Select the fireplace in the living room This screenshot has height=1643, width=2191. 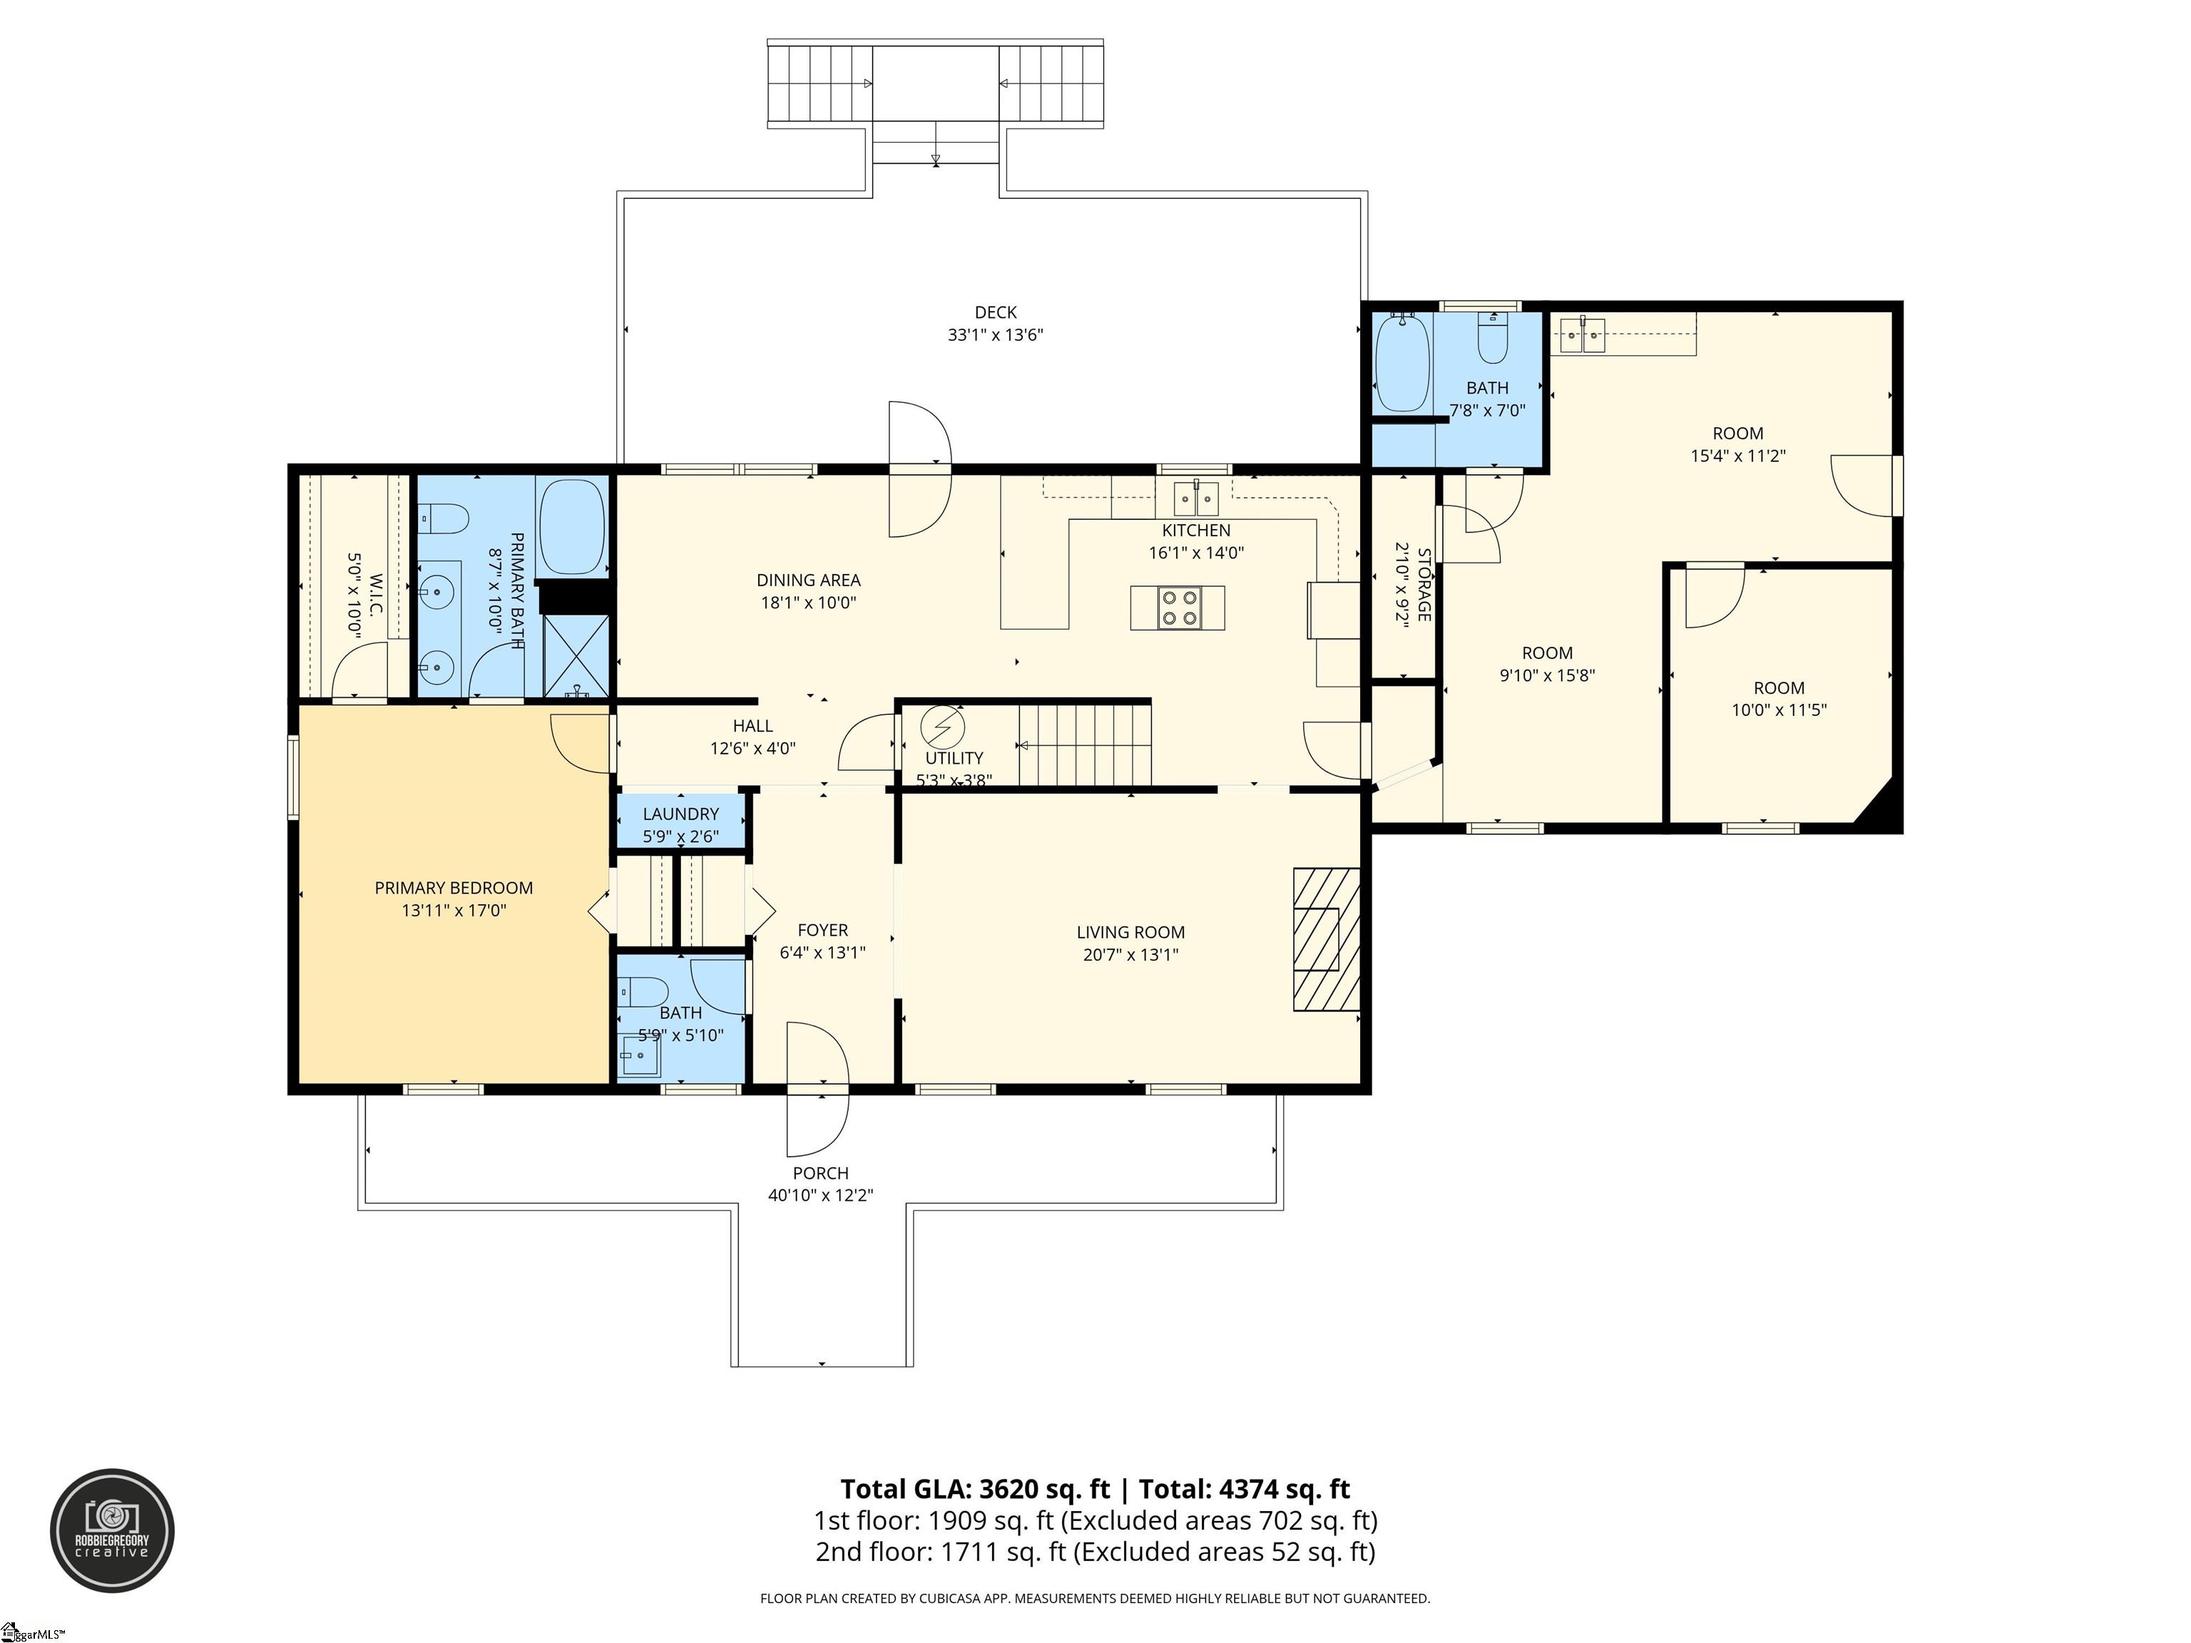click(x=1327, y=939)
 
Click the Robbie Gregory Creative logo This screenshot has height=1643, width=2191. click(x=113, y=1530)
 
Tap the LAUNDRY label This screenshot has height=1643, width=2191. click(x=680, y=814)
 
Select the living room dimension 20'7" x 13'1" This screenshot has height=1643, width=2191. click(x=1131, y=955)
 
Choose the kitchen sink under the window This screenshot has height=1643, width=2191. click(x=1195, y=498)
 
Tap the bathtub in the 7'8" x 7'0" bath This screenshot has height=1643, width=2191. click(x=1401, y=364)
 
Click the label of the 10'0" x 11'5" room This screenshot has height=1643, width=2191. click(x=1779, y=688)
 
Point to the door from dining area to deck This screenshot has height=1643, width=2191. click(x=920, y=469)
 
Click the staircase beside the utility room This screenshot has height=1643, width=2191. click(x=1086, y=744)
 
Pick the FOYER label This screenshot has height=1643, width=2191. click(x=823, y=930)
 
